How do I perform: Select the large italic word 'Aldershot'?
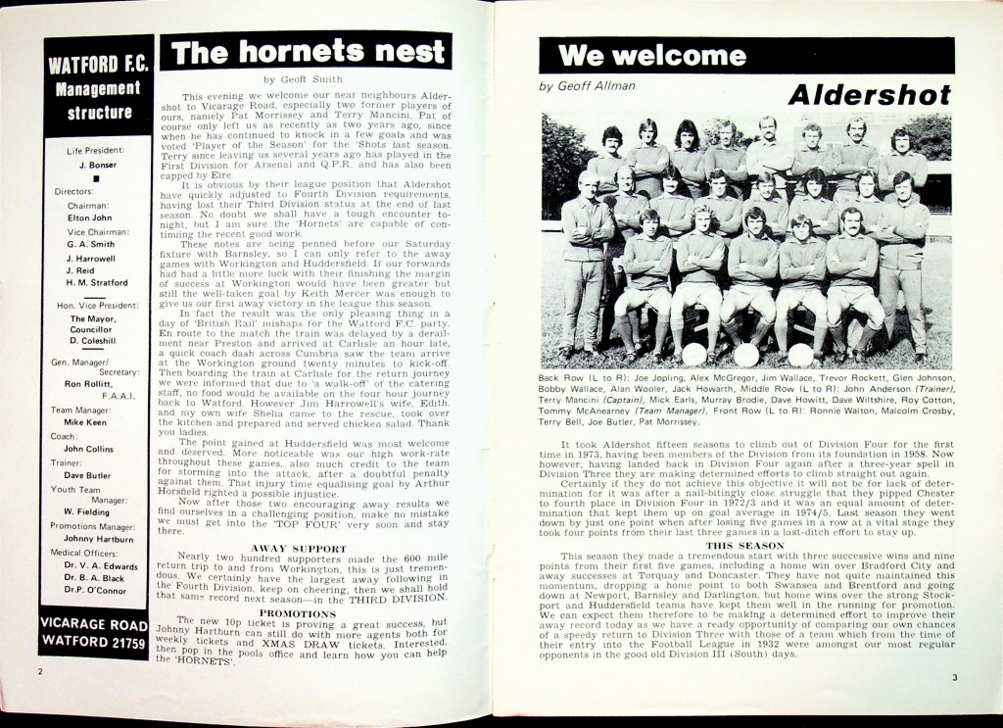pos(868,95)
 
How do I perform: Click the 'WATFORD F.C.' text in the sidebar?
pos(98,66)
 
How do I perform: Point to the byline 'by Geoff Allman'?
pos(587,85)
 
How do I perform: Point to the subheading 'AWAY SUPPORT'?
pos(299,549)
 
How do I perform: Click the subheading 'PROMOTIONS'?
pos(299,613)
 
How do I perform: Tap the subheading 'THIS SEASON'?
pos(745,545)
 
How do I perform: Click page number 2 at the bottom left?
pos(40,672)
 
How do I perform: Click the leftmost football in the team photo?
pos(693,355)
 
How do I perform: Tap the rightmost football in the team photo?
pos(800,355)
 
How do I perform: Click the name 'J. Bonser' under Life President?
pos(97,165)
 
